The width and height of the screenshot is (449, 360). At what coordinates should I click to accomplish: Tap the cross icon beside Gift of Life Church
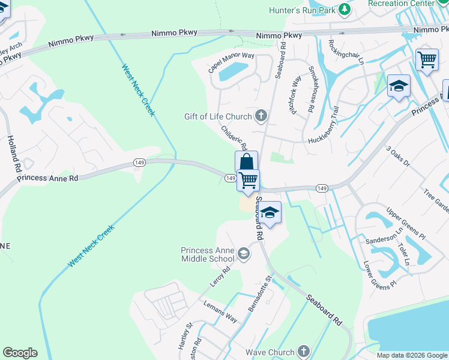261,115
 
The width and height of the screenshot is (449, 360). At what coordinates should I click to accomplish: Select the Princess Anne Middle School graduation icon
243,254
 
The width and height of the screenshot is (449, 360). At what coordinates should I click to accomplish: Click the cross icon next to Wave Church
304,352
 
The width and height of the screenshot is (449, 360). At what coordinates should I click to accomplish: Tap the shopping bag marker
246,162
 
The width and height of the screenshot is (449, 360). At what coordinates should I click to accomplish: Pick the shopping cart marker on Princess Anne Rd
248,179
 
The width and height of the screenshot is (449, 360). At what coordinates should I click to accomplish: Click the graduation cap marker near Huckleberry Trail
399,86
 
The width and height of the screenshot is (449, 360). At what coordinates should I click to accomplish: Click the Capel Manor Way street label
231,62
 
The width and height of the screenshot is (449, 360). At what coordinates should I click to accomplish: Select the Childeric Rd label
234,137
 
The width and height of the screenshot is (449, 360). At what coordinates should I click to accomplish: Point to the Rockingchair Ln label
346,52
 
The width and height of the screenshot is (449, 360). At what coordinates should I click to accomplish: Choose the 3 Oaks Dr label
397,156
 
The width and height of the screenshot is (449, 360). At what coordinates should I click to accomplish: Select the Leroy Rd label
220,280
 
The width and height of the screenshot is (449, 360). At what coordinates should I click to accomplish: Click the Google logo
20,353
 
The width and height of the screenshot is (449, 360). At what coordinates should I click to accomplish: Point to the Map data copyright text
412,355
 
